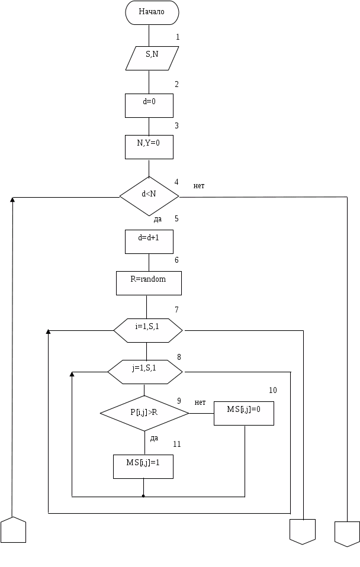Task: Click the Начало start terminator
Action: click(152, 12)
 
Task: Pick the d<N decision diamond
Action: click(149, 195)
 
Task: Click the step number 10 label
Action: click(273, 391)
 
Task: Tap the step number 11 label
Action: click(177, 444)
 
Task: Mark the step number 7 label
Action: click(176, 310)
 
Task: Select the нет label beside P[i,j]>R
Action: click(200, 402)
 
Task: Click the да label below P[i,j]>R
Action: click(154, 439)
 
